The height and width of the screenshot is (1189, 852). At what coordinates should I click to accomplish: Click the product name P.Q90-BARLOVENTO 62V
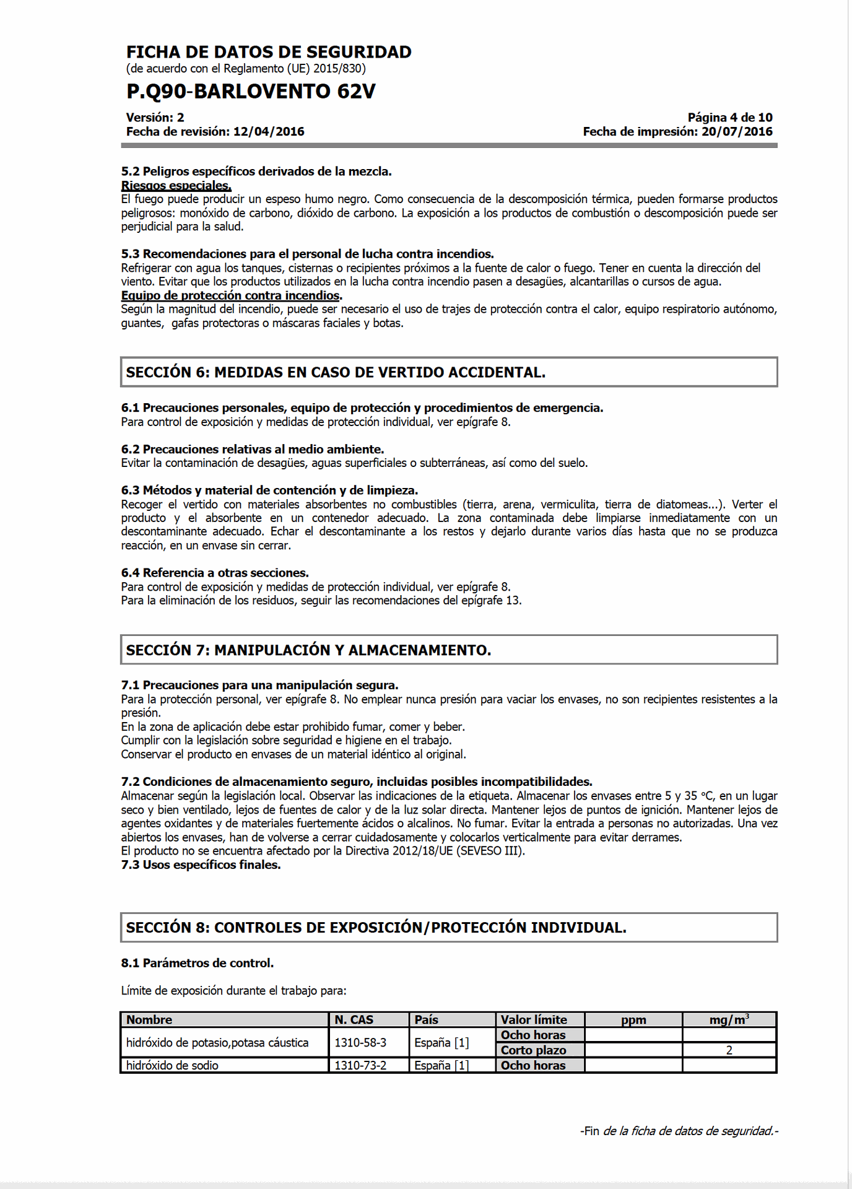coord(251,92)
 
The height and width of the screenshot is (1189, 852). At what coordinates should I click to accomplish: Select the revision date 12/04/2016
coord(269,132)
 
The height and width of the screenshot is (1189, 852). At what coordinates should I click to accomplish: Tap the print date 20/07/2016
coord(737,132)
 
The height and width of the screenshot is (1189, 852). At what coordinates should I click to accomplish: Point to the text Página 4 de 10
coord(729,118)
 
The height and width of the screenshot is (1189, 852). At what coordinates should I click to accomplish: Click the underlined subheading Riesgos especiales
coord(176,186)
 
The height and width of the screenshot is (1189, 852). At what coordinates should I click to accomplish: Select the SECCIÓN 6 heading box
coord(449,372)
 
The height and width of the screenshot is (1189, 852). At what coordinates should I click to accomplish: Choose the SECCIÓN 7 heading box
coord(449,650)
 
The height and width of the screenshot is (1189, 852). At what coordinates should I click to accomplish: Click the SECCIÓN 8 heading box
coord(449,927)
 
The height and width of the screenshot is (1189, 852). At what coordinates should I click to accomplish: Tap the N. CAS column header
coord(354,1020)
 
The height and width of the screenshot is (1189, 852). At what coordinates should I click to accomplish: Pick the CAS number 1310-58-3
coord(360,1043)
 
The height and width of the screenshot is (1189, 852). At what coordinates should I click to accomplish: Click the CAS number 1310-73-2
coord(360,1066)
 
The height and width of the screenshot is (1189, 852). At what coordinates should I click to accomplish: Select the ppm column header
coord(633,1020)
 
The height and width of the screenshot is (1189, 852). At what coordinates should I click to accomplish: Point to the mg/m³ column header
coord(729,1020)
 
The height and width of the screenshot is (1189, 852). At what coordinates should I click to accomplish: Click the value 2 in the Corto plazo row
coord(729,1050)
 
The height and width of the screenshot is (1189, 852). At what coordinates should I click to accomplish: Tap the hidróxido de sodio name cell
coord(173,1066)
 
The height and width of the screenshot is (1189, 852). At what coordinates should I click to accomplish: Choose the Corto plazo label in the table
coord(533,1050)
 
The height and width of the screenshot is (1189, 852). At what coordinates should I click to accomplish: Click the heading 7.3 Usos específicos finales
coord(201,865)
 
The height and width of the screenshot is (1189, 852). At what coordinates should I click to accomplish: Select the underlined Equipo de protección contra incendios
coord(231,296)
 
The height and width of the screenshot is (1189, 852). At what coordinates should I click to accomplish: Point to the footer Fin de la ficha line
coord(679,1131)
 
